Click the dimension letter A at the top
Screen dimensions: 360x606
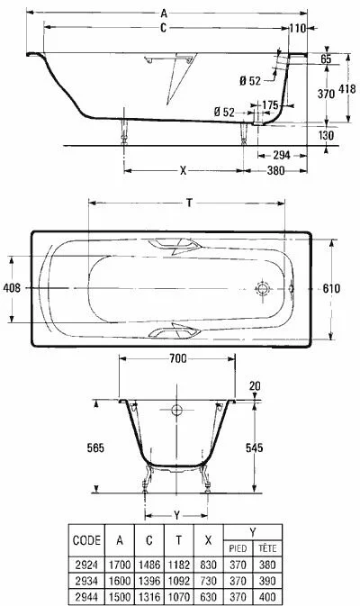(164, 14)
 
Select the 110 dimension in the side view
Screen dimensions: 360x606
(297, 28)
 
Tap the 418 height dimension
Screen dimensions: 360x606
(346, 89)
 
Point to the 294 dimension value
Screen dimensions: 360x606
(281, 156)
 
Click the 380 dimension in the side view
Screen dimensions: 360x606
(275, 170)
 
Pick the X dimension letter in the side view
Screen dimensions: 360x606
(183, 170)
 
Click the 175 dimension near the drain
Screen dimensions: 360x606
(270, 105)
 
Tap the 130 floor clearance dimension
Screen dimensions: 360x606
(326, 136)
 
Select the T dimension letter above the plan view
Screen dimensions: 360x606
(189, 203)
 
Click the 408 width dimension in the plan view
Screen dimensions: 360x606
(12, 288)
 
